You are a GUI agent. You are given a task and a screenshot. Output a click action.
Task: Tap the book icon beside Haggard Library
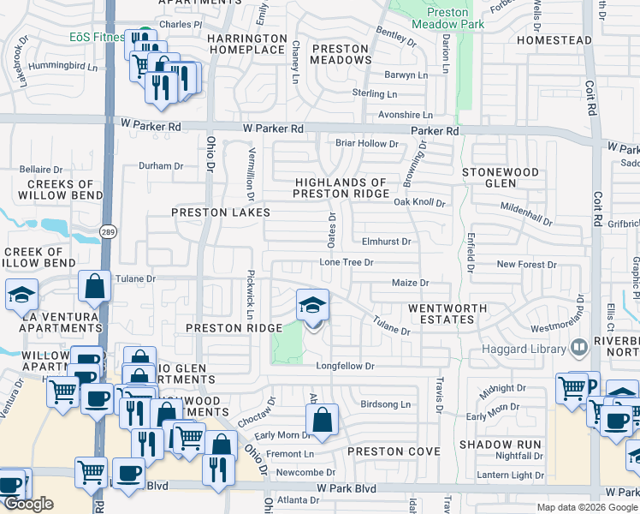tap(579, 348)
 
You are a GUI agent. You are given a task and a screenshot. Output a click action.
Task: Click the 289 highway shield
tap(107, 231)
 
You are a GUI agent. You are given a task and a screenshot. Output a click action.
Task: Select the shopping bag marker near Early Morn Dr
tap(322, 421)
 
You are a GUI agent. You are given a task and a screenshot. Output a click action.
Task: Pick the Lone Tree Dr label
tap(347, 262)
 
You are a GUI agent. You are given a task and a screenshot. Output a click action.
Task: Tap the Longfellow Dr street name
tap(346, 367)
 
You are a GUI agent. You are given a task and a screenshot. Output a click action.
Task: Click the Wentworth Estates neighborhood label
tap(447, 314)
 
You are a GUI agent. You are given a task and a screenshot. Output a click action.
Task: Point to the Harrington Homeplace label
tap(246, 45)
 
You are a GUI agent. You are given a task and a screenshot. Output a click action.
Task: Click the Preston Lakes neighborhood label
tap(220, 212)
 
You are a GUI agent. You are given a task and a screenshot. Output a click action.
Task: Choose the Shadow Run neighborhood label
tap(500, 445)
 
